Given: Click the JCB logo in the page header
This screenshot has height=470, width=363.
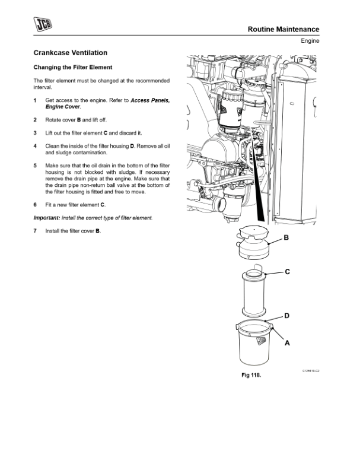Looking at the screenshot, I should point(43,24).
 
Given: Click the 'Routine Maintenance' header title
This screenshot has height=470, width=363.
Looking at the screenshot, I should point(283,29).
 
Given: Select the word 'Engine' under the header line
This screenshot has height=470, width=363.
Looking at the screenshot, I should point(310,41).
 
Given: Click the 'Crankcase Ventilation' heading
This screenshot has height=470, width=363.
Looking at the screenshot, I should point(71,53).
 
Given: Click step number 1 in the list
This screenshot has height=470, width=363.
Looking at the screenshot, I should point(36,100).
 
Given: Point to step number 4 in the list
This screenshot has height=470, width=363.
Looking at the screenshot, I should point(36,146).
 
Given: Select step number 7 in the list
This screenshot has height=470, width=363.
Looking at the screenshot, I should point(36,230).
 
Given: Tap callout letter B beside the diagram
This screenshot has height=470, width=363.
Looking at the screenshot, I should point(286,238).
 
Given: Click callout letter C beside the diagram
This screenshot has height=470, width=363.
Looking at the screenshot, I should point(287,272).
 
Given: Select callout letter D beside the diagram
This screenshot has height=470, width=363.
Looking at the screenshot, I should point(286,316).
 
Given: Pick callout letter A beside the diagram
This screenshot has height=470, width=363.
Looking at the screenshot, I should point(287,342).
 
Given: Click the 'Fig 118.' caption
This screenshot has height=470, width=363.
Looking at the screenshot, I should point(250,376).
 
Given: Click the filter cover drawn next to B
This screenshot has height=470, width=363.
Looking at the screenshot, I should point(254,242).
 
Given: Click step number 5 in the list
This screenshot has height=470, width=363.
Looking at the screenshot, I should point(36,166).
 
